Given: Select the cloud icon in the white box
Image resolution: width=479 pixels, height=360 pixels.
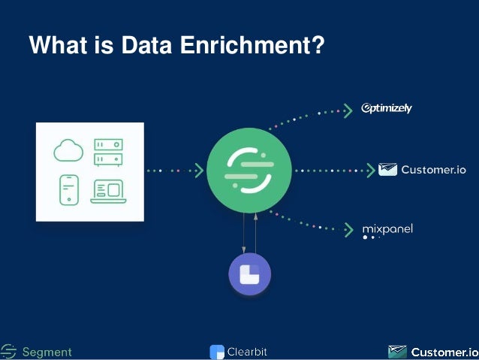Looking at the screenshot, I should coord(68,150).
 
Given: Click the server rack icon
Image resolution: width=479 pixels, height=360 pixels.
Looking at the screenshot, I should coord(108,152).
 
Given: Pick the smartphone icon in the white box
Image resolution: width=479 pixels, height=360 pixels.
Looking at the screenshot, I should coord(69,189).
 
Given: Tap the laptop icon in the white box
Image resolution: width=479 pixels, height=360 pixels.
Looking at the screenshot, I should coord(108,190).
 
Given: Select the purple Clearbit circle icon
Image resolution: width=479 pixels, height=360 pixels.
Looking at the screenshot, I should coord(250,275).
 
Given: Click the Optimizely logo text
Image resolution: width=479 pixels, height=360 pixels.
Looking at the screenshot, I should coord(387,108).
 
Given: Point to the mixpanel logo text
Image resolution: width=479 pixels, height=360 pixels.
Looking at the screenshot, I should coord(387,228).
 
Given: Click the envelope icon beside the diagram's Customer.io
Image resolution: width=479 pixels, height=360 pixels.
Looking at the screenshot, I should coord(387,170).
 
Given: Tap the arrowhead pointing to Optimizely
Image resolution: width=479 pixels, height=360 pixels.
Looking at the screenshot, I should coord(348,111).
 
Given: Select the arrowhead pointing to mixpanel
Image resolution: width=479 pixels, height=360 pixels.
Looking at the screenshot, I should coord(348,229).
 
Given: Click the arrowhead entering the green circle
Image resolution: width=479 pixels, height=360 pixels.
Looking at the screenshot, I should coord(199,171).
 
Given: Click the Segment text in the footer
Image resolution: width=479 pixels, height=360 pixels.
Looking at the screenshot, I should coord(47,352).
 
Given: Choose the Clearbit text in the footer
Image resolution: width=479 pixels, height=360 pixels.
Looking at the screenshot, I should coord(247,351).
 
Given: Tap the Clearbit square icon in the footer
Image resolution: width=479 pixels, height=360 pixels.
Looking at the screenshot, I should coord(217,352).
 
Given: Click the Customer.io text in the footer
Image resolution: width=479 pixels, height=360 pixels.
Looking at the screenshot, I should coord(444,352).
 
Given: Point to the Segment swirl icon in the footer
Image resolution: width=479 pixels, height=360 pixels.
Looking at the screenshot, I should coord(8,351).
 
